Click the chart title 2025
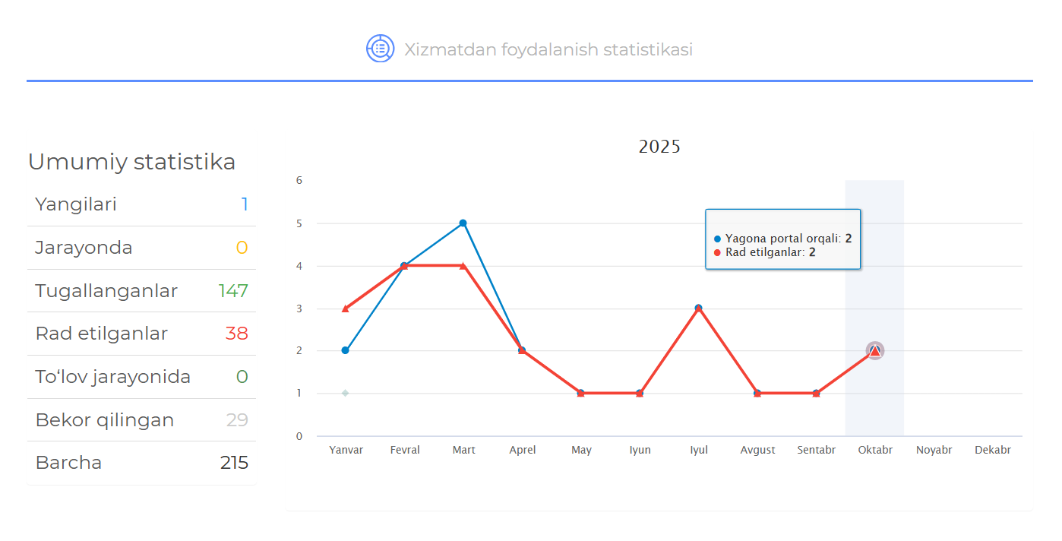tap(659, 147)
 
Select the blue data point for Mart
tap(463, 223)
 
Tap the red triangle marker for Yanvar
tap(345, 308)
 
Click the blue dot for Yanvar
tap(345, 350)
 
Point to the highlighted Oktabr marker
tap(875, 350)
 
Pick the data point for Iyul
tap(698, 308)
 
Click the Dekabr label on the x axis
tap(993, 450)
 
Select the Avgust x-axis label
tap(757, 450)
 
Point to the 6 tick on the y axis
tap(299, 181)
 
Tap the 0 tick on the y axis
tap(299, 436)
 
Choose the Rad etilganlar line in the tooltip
tap(765, 252)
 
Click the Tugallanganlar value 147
tap(233, 291)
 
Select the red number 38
tap(236, 334)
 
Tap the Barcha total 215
tap(234, 463)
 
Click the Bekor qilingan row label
tap(105, 420)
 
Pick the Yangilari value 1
tap(245, 204)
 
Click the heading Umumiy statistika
tap(131, 162)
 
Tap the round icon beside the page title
tap(380, 49)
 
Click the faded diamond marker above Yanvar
tap(345, 393)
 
